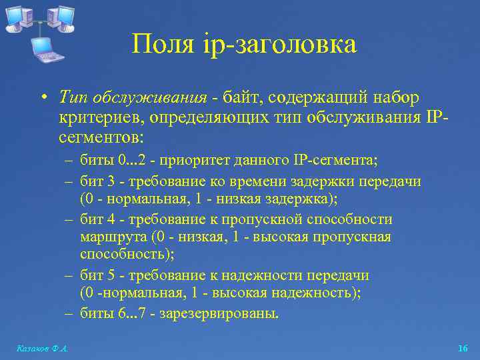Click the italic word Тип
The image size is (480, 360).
click(x=71, y=98)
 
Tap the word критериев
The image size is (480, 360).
click(x=93, y=118)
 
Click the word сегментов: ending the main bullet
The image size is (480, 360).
click(x=99, y=138)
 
